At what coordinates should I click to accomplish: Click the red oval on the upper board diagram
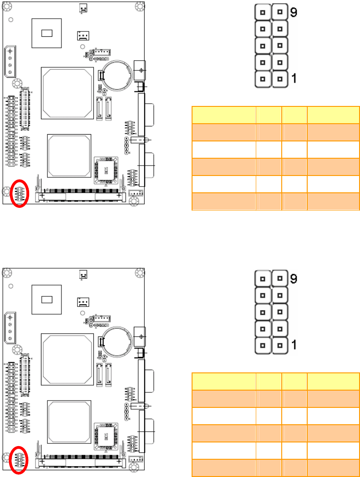[20, 193]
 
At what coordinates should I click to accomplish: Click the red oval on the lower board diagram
[20, 459]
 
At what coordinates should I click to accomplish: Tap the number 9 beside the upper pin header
[294, 13]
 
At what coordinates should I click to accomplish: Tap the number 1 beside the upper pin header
[294, 79]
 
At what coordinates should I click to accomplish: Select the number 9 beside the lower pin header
[294, 278]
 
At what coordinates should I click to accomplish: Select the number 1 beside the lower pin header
[294, 345]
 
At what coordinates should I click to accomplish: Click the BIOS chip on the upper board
[106, 169]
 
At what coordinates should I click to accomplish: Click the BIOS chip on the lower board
[106, 436]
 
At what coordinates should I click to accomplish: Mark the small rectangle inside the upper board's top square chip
[47, 33]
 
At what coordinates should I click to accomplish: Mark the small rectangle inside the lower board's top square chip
[47, 300]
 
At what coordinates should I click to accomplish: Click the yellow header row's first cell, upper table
[223, 115]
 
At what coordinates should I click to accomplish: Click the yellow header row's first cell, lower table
[223, 381]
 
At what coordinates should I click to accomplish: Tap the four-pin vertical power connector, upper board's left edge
[10, 62]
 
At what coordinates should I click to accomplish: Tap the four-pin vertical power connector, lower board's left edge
[10, 328]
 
